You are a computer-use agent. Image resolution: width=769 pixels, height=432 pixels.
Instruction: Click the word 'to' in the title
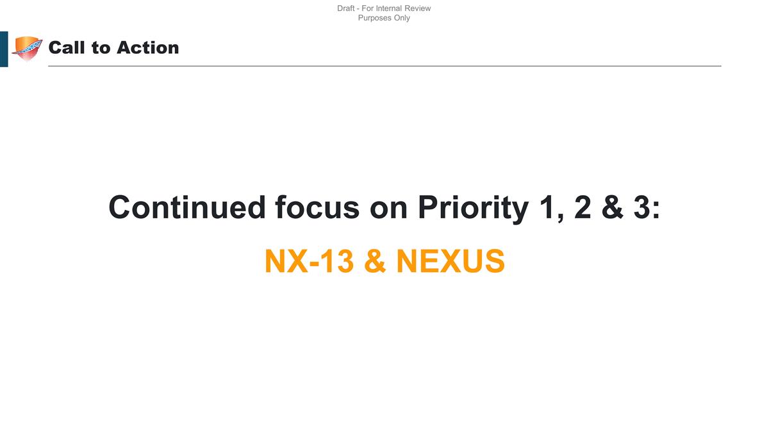pyautogui.click(x=101, y=48)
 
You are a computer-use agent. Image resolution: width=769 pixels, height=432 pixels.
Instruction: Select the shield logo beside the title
pyautogui.click(x=27, y=48)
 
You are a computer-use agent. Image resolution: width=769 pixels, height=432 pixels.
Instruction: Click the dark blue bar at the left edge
pyautogui.click(x=4, y=49)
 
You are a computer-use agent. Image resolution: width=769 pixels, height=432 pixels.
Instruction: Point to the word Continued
pyautogui.click(x=186, y=207)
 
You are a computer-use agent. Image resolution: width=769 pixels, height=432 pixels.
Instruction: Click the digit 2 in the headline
pyautogui.click(x=583, y=207)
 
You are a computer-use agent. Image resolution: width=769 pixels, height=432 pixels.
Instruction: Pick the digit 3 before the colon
pyautogui.click(x=642, y=207)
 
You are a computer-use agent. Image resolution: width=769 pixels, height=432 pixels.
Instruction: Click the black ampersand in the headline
pyautogui.click(x=613, y=207)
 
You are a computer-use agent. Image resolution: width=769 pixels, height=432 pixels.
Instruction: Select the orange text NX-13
pyautogui.click(x=309, y=261)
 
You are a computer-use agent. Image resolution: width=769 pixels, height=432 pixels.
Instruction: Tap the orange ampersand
pyautogui.click(x=374, y=261)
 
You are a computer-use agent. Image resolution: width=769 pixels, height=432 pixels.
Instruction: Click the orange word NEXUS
pyautogui.click(x=451, y=261)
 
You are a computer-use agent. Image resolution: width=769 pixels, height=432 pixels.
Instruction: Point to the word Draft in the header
pyautogui.click(x=345, y=8)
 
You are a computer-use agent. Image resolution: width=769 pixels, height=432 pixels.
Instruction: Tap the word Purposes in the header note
pyautogui.click(x=374, y=18)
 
